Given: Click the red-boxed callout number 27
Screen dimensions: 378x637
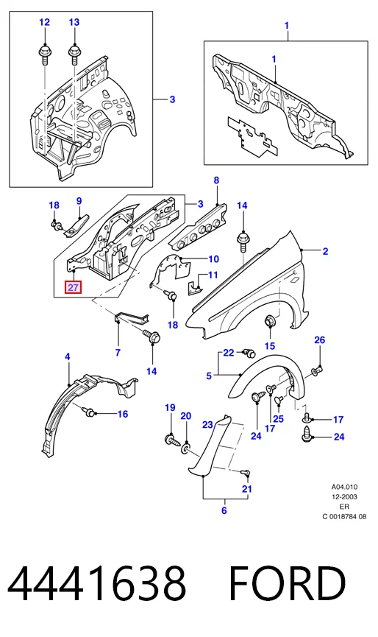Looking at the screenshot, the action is (x=74, y=288).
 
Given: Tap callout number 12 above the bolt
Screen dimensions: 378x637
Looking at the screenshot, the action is (x=44, y=22).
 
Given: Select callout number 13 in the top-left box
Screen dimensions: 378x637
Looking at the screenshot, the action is (x=74, y=22).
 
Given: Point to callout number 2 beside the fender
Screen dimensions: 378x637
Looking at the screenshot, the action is (x=325, y=251).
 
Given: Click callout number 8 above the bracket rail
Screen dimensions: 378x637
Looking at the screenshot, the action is (x=216, y=180).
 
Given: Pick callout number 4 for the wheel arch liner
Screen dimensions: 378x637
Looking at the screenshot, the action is (x=68, y=356).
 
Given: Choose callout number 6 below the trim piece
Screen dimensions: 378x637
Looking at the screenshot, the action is (x=224, y=510).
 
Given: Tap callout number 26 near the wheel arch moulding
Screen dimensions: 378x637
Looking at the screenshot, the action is (x=320, y=339).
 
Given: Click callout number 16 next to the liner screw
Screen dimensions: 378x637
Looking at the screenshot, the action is (x=123, y=414).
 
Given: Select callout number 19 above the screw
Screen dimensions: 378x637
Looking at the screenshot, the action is (x=171, y=407).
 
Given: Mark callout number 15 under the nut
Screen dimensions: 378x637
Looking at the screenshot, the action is (x=270, y=345).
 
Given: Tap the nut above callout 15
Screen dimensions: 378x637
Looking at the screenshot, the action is (x=269, y=321).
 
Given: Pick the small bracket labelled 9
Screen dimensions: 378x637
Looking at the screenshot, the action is (x=75, y=226).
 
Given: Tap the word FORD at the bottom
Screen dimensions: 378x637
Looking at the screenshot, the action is (x=288, y=583).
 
